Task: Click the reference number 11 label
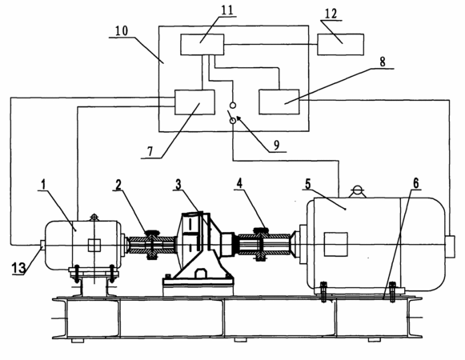tap(227, 10)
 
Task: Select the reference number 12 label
tap(331, 14)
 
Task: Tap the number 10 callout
tap(122, 30)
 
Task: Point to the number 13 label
tap(19, 268)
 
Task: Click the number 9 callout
tap(276, 146)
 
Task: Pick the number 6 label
tap(415, 183)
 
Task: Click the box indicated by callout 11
tap(202, 45)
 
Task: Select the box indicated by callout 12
tap(340, 45)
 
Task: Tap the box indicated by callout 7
tap(194, 102)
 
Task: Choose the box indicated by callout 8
tap(279, 102)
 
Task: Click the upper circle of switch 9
tap(233, 105)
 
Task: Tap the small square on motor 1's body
tap(94, 246)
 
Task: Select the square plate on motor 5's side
tap(335, 244)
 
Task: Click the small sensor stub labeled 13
tap(42, 243)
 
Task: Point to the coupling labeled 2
tap(152, 244)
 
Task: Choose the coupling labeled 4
tap(261, 244)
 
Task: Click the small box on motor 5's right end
tap(450, 246)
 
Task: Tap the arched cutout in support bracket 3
tap(200, 273)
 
